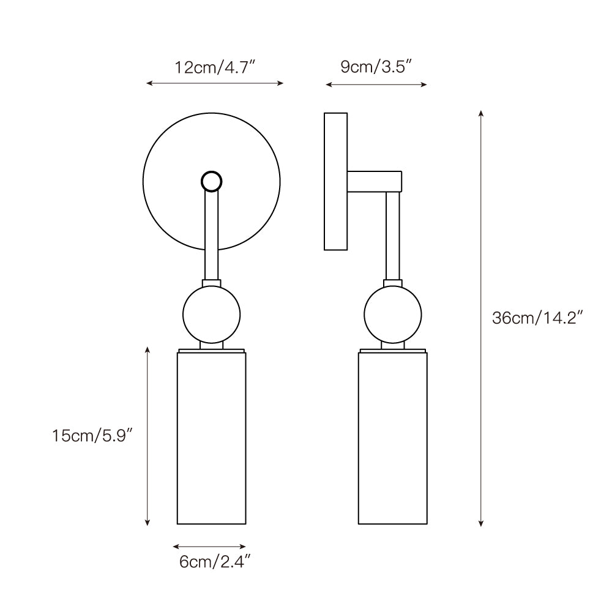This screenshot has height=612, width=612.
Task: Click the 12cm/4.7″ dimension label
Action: point(214,67)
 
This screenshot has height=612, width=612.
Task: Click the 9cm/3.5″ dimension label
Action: point(376,67)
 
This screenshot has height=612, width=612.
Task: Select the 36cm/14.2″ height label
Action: point(537,318)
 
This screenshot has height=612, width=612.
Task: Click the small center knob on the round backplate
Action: point(212,181)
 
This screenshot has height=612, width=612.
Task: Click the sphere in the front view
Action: point(212,314)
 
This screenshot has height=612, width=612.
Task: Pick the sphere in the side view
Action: point(392,314)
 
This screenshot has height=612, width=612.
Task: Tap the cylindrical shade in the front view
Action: point(212,438)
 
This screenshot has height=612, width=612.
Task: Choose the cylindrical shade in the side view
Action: point(392,438)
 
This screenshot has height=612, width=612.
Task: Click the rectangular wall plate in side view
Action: point(335,181)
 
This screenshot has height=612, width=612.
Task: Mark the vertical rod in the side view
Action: point(392,236)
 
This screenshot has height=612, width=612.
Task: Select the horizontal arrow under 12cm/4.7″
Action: point(214,83)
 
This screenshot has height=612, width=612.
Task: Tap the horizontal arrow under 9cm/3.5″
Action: point(376,84)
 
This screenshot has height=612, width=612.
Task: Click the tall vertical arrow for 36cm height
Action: point(481,318)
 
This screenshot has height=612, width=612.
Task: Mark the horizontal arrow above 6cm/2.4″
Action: point(209,546)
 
